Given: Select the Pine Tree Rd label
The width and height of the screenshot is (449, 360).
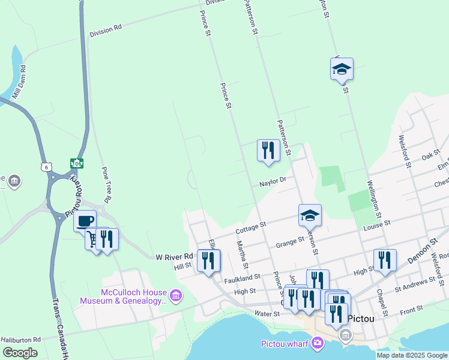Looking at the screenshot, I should (x=106, y=184).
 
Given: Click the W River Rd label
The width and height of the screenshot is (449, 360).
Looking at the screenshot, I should (x=173, y=256).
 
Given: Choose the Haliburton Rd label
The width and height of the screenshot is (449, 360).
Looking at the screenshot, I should (x=20, y=340).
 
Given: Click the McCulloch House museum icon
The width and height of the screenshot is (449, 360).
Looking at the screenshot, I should (x=175, y=295).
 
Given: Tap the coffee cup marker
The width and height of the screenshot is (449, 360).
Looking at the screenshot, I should (x=85, y=220).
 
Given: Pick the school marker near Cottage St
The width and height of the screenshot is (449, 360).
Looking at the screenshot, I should (x=310, y=214).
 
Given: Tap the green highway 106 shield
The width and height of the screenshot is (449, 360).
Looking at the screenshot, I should (x=76, y=163).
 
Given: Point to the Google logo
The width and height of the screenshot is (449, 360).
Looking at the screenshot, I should (x=20, y=353).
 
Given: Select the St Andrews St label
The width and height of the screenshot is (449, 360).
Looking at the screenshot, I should (x=415, y=281).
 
